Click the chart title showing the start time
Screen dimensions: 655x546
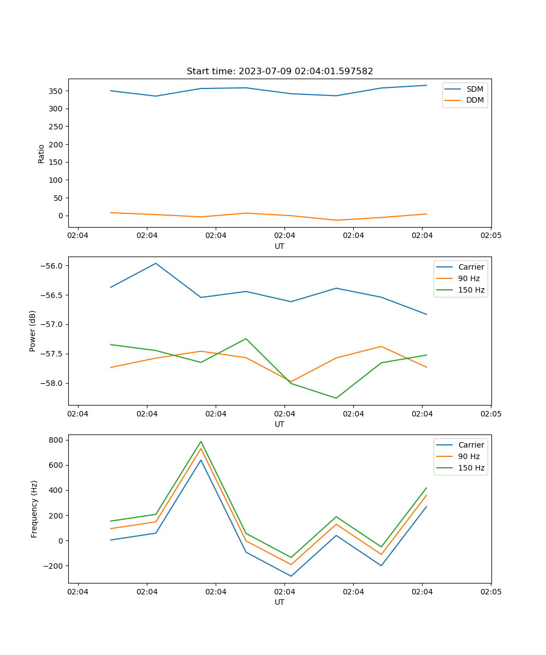tap(280, 72)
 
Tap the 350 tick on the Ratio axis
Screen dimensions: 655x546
tap(57, 91)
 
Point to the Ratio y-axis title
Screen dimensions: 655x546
tap(41, 153)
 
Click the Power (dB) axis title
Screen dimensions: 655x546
tap(33, 331)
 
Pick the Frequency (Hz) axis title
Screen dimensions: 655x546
tap(34, 509)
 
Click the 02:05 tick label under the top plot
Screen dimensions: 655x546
tap(490, 235)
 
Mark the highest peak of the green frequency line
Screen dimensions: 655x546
tap(201, 441)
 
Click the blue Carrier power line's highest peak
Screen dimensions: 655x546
tap(156, 263)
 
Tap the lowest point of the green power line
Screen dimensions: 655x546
tap(336, 398)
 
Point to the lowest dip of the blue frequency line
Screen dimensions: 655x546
tap(291, 576)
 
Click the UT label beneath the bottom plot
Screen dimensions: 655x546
tap(280, 602)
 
